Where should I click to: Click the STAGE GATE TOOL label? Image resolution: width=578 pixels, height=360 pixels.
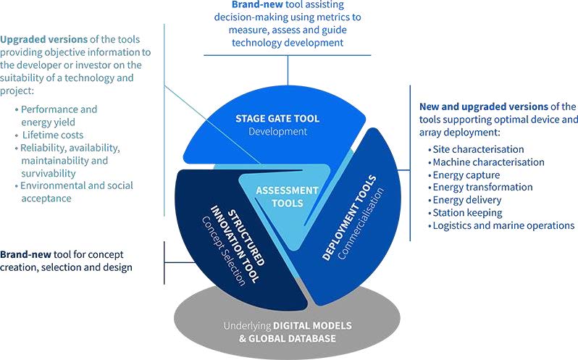(x=277, y=118)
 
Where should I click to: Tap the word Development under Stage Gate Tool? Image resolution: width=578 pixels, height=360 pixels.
(x=277, y=132)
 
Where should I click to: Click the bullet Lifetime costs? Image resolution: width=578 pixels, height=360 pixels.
(x=53, y=135)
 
